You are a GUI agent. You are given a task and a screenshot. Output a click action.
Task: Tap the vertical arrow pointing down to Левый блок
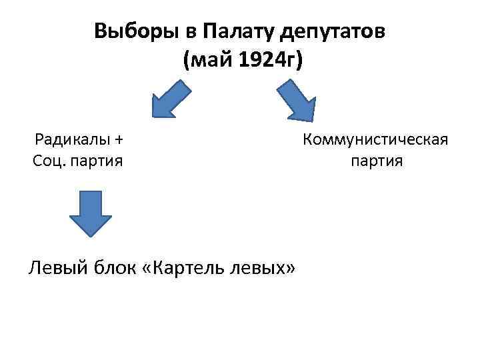tap(90, 213)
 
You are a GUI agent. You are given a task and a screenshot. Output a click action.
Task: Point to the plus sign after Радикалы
tap(119, 140)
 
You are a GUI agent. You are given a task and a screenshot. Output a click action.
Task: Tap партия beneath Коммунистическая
tap(375, 161)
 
